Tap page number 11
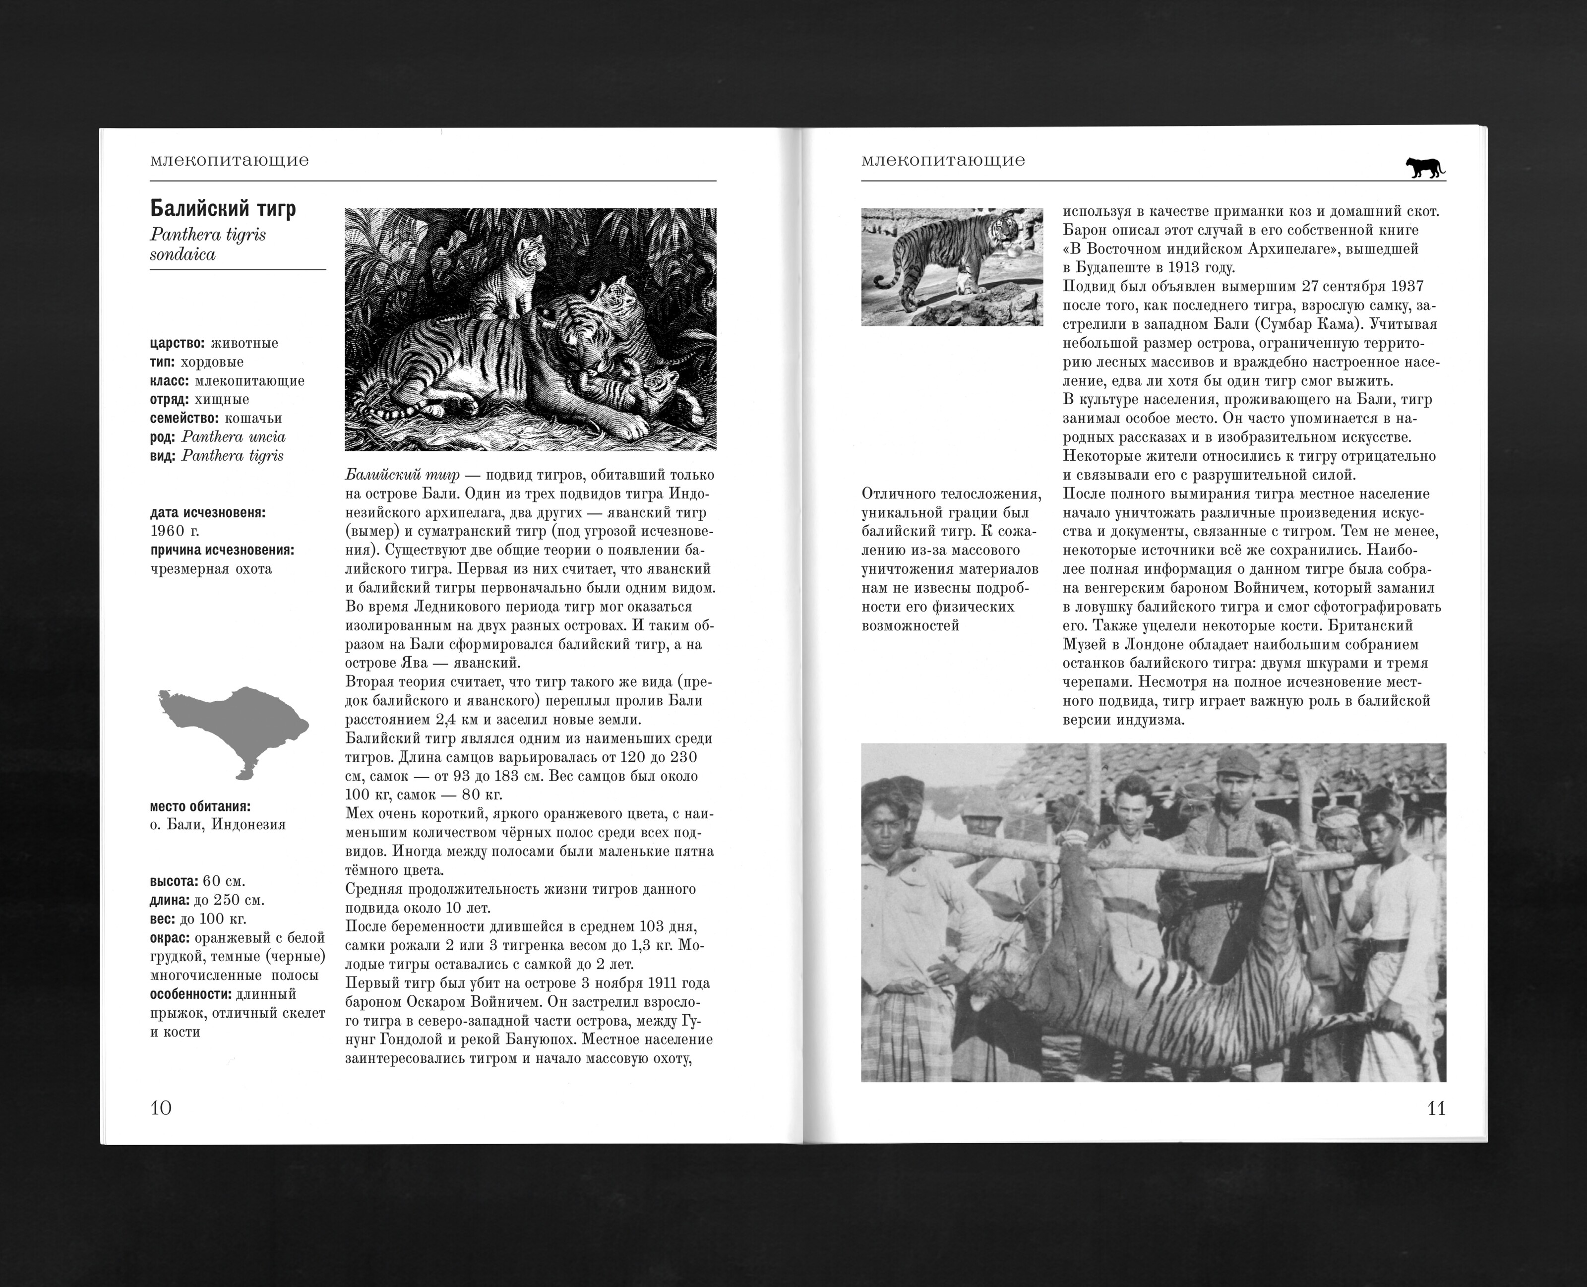point(1436,1108)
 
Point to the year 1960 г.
point(175,531)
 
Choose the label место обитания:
point(200,806)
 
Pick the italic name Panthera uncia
point(234,436)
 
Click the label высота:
point(174,881)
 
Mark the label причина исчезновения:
point(222,550)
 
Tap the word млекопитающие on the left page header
point(229,160)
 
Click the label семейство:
point(184,418)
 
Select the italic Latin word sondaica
point(183,254)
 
